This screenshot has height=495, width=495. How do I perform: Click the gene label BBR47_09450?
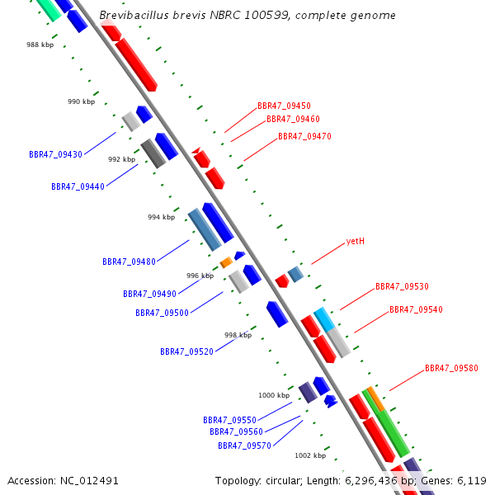click(284, 106)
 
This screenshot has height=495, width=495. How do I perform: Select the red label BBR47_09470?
click(304, 136)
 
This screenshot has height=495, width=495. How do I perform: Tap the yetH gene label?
click(356, 242)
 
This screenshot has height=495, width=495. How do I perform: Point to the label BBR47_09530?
click(402, 286)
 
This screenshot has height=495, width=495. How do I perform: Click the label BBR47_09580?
click(451, 368)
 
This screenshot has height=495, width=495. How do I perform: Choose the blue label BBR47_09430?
click(55, 154)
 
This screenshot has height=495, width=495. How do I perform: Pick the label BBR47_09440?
click(78, 186)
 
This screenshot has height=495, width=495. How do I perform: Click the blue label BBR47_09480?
click(129, 262)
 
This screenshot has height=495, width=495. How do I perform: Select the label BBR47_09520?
click(186, 351)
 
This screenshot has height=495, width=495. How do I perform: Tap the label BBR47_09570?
click(244, 445)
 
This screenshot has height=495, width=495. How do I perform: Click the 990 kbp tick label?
click(81, 101)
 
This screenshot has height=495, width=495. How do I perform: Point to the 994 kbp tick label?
click(161, 217)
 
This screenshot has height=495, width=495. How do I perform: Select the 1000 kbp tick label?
click(274, 395)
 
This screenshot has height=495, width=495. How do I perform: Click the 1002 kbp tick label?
click(310, 455)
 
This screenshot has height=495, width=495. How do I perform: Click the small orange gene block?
click(226, 262)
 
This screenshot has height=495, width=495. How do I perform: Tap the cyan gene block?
click(323, 318)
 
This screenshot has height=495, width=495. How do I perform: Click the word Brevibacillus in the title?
click(130, 16)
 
